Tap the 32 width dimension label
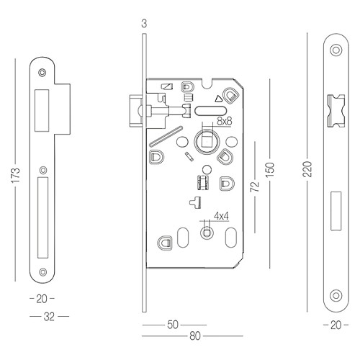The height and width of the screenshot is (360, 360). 49,317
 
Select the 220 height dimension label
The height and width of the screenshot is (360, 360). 307,169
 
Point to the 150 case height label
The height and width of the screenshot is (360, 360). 270,170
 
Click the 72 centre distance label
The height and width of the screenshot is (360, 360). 255,186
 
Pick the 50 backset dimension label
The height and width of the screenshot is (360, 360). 173,325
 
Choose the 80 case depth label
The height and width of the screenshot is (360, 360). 194,336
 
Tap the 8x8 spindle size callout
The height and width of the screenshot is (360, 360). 225,121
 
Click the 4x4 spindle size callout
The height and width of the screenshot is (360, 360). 221,216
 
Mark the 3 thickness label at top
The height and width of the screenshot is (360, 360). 144,24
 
